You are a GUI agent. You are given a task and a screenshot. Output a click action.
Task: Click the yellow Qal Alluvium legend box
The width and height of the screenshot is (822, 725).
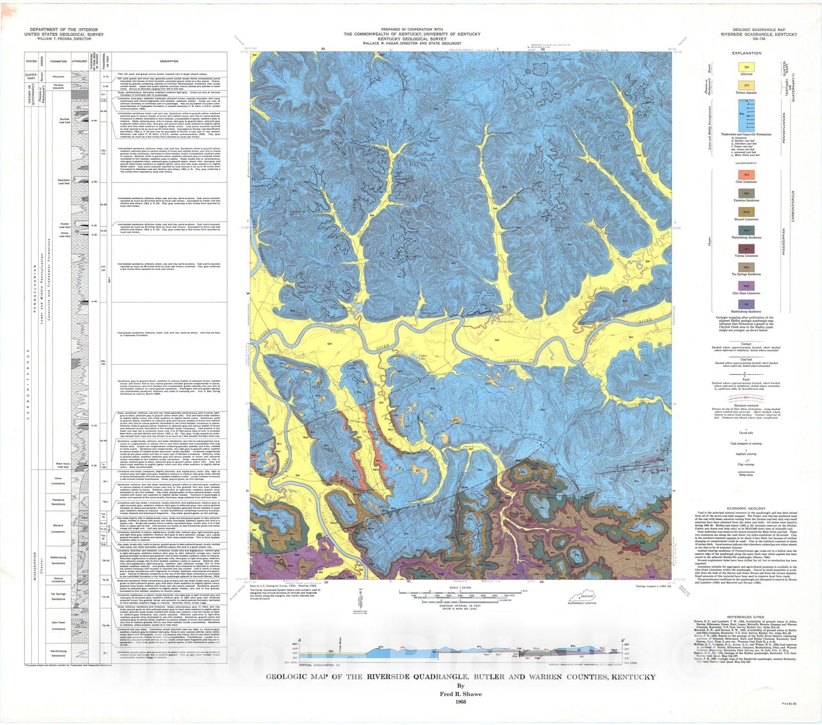pyautogui.click(x=746, y=67)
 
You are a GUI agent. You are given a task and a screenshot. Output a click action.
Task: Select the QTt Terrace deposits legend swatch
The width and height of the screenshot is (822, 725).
pyautogui.click(x=746, y=85)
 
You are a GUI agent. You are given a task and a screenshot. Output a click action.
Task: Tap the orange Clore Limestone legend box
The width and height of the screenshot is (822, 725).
pyautogui.click(x=746, y=175)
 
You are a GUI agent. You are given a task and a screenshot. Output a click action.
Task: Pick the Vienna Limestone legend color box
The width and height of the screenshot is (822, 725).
pyautogui.click(x=746, y=249)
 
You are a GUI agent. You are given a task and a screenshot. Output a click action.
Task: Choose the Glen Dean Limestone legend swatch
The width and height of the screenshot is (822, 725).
pyautogui.click(x=746, y=286)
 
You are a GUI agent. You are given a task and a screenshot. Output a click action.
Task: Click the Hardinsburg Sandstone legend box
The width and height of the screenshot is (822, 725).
pyautogui.click(x=746, y=304)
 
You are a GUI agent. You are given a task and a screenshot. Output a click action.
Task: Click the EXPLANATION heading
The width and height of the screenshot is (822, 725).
pyautogui.click(x=746, y=53)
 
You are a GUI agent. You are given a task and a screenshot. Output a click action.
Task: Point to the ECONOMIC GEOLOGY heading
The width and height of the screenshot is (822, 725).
pyautogui.click(x=746, y=508)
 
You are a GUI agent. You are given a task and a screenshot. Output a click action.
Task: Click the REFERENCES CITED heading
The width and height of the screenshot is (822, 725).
pyautogui.click(x=745, y=617)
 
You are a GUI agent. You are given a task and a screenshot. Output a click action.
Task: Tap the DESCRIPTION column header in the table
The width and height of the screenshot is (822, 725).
pyautogui.click(x=169, y=61)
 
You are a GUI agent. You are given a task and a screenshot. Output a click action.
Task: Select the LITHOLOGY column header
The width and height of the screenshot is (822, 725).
pyautogui.click(x=79, y=61)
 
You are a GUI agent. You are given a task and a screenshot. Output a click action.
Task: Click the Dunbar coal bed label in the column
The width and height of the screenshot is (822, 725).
pyautogui.click(x=64, y=121)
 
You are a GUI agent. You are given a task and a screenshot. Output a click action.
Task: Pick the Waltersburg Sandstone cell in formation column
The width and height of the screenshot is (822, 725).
pyautogui.click(x=58, y=560)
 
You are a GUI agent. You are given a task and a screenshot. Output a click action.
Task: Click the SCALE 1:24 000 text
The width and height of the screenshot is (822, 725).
pyautogui.click(x=460, y=587)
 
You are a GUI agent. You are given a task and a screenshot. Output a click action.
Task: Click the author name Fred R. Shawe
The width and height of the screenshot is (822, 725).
pyautogui.click(x=460, y=694)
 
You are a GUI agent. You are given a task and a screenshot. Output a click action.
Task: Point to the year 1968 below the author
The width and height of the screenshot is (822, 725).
pyautogui.click(x=460, y=701)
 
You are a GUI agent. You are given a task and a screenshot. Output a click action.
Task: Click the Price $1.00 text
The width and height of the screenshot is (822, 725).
pyautogui.click(x=789, y=703)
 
